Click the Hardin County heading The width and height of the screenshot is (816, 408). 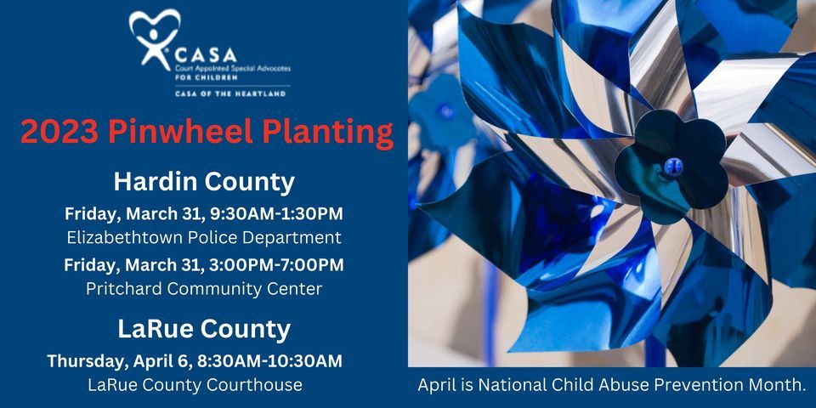tap(204, 181)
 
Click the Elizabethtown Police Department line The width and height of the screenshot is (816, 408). tap(204, 237)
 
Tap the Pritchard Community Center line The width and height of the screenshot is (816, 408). tap(204, 289)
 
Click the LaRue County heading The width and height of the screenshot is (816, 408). tap(204, 328)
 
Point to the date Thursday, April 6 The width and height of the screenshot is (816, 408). tap(118, 360)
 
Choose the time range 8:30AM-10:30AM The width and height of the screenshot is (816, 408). tap(269, 360)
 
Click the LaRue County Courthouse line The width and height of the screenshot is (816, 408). tap(195, 385)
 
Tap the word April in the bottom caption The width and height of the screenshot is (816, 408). tap(438, 385)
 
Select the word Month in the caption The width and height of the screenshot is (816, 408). tap(777, 385)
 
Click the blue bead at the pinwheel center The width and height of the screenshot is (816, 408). tap(673, 163)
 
